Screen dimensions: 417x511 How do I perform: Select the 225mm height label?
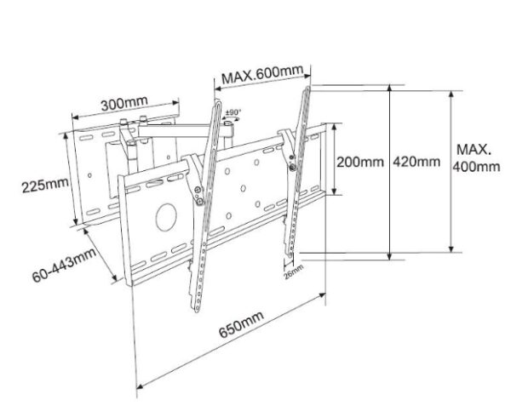coord(45,185)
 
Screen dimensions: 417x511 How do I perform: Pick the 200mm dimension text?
coord(360,161)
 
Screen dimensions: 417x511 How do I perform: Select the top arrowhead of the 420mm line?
coord(389,87)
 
